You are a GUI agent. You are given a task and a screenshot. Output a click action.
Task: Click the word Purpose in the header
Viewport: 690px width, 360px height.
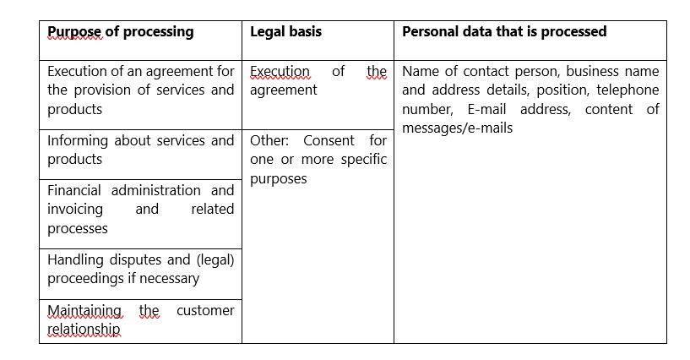pos(74,32)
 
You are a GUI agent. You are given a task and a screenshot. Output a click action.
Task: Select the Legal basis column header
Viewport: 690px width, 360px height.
pos(285,31)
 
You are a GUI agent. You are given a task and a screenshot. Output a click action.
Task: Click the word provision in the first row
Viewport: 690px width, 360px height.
pos(102,90)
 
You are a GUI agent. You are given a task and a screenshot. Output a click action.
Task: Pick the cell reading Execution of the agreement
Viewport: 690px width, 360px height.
pos(318,80)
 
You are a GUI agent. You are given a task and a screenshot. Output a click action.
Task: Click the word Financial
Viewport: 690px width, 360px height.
pos(74,190)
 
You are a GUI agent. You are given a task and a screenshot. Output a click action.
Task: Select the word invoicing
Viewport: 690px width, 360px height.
pos(75,210)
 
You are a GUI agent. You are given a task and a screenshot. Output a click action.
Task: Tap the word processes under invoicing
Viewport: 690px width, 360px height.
pos(78,229)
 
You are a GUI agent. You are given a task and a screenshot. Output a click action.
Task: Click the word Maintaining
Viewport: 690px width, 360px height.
pos(84,311)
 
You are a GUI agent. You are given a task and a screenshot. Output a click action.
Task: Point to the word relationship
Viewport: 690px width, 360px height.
pos(84,330)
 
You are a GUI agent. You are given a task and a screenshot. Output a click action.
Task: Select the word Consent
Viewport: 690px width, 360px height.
pos(329,140)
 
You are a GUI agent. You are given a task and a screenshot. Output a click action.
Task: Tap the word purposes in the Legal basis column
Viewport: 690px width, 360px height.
pos(278,179)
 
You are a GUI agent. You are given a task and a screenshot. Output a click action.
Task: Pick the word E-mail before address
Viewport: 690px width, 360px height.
pos(486,109)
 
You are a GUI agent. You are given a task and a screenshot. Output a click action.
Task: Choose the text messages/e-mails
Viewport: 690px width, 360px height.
pos(457,128)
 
